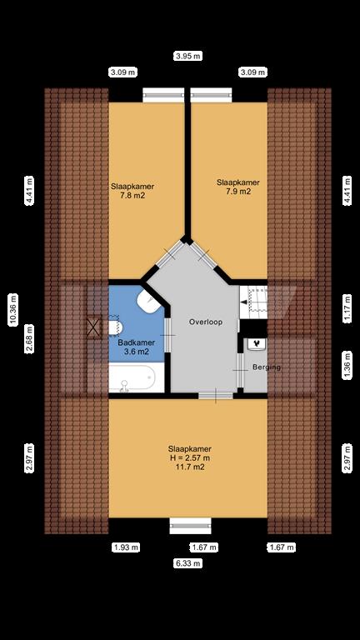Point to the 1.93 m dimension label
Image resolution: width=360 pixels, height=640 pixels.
(126, 547)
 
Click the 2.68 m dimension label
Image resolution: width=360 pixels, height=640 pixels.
(28, 340)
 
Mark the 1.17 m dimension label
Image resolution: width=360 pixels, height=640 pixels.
(347, 312)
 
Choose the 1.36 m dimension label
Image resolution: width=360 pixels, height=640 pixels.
(347, 364)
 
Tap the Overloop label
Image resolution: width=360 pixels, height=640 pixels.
(204, 322)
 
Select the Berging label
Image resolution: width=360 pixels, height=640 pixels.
(267, 367)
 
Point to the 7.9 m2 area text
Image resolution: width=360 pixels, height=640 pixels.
(238, 192)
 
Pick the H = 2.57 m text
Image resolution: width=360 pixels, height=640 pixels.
(187, 457)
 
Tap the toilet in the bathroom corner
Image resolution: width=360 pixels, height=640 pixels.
(150, 302)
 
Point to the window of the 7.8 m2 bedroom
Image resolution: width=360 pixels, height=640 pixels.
(163, 95)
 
